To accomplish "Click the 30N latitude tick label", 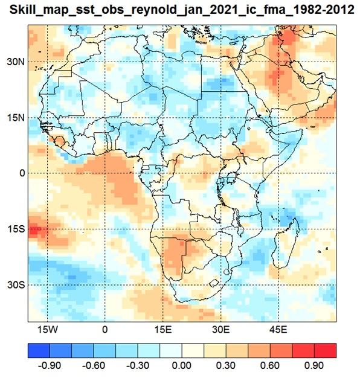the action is pos(16,62).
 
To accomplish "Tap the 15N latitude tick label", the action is pos(16,118).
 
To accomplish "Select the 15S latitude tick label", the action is pos(16,229).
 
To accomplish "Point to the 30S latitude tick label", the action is pos(16,285).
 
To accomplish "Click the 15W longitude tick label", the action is pos(47,330).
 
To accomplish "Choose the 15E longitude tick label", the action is pos(163,330).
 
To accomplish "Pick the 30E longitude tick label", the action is pos(221,330).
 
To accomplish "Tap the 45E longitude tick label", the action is pos(278,330).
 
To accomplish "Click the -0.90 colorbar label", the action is pos(50,366).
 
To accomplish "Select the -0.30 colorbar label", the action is pos(138,366).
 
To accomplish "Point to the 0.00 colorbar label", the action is pos(182,366).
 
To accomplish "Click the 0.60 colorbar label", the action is pos(270,366).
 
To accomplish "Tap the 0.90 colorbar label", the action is pos(314,366).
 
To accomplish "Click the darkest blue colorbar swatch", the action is pos(39,350).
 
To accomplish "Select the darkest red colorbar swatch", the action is pos(325,350).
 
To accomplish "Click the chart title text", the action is pos(182,10).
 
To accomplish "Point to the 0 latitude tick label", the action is pos(22,173).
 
